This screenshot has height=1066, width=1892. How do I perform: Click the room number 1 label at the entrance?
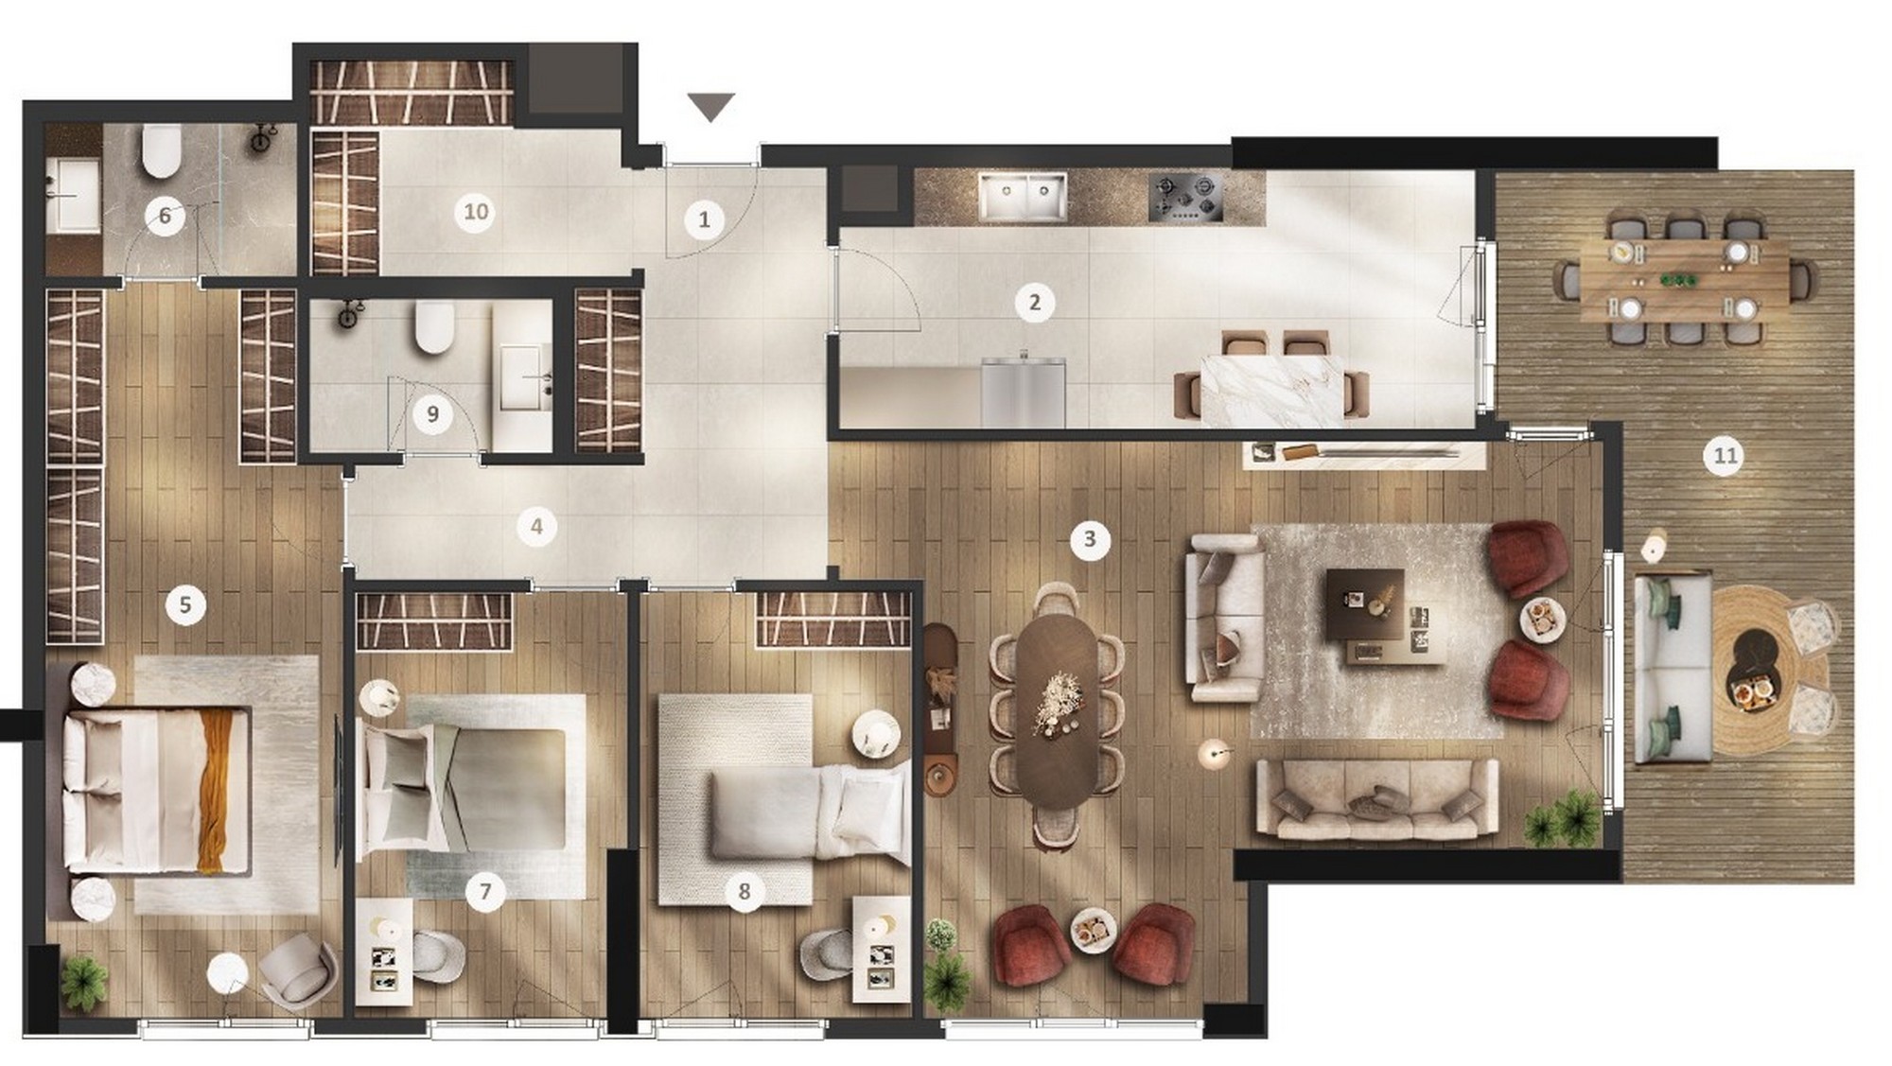click(704, 220)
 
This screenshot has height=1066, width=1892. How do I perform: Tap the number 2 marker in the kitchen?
click(1034, 303)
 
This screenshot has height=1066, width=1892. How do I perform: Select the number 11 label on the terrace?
click(1726, 456)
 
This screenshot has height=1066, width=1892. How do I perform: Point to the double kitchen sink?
click(1023, 198)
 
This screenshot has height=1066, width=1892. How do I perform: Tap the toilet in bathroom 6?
click(161, 152)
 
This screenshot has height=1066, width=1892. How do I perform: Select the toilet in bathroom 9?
click(434, 327)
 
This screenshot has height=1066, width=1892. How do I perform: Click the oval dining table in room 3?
click(1057, 711)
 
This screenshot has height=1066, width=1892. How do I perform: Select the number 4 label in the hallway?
click(536, 526)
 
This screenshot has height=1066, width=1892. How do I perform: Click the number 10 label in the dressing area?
click(476, 211)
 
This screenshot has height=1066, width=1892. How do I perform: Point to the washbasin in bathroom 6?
click(73, 195)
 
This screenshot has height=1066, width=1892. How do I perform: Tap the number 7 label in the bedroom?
click(485, 891)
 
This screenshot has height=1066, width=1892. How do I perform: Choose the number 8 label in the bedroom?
click(744, 891)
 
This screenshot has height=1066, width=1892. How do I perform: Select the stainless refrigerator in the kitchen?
click(1023, 391)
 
